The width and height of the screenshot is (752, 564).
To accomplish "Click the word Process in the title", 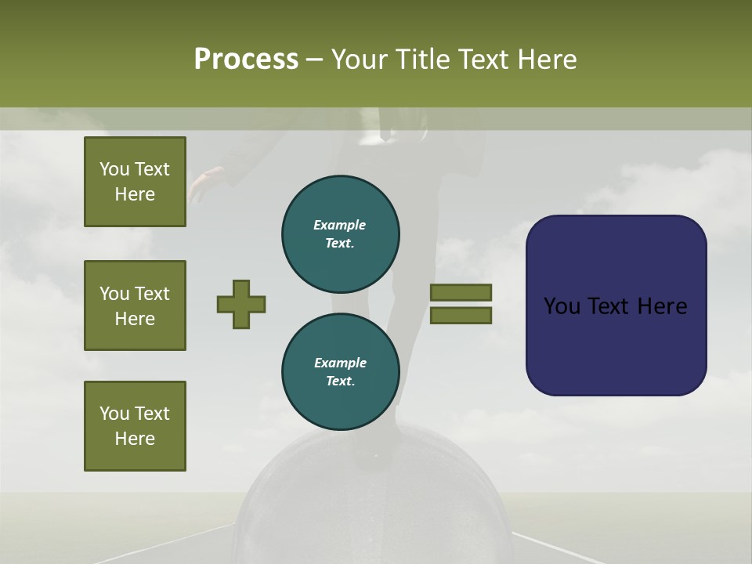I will (246, 60).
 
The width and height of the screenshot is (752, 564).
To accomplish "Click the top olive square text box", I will (135, 182).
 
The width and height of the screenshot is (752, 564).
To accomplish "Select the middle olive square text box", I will (135, 305).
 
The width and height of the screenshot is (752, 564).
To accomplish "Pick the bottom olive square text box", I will (135, 426).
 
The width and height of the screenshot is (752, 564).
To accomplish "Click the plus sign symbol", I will (241, 304).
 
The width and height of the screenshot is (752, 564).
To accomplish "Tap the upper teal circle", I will (341, 233).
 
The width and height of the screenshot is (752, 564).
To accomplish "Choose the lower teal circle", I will (341, 372).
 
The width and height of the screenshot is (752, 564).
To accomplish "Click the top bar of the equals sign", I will (461, 292).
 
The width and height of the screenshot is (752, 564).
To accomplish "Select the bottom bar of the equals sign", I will (461, 316).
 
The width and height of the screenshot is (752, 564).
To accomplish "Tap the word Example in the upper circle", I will (339, 225).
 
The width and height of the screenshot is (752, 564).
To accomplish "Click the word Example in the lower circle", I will (340, 363).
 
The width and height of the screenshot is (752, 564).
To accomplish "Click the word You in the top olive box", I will (114, 169).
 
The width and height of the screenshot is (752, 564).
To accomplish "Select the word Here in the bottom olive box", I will (135, 439).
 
